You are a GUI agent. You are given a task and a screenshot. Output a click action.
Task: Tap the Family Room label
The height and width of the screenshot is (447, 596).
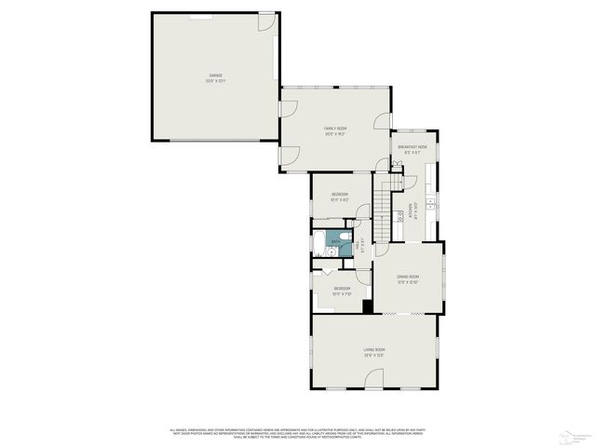coord(335,129)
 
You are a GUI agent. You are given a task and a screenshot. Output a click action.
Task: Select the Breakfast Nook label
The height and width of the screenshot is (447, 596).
coord(413,146)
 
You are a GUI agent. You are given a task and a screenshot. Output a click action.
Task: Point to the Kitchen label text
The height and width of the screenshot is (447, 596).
coord(412,212)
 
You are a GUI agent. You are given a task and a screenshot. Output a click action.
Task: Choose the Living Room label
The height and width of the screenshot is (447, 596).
coord(374,350)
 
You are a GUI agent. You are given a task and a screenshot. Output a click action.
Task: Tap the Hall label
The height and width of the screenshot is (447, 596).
coord(363,243)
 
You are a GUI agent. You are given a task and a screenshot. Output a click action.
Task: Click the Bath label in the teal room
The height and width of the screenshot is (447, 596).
coord(334,238)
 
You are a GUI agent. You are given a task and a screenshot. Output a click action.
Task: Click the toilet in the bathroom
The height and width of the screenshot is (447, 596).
coord(344,247)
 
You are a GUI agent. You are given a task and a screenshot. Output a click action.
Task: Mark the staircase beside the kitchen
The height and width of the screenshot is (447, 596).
coord(382,210)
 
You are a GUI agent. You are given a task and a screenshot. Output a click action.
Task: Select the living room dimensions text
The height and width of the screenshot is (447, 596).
coord(374,356)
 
